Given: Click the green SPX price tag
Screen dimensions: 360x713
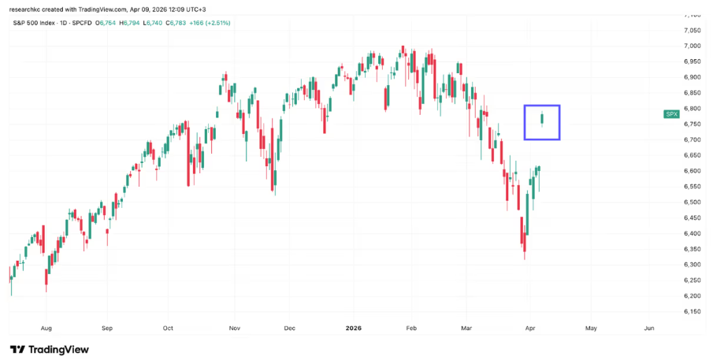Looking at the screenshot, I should coord(671,114).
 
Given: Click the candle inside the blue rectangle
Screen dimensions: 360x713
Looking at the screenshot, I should coord(541,119).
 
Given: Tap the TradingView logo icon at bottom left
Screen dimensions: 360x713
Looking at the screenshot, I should coord(17,349).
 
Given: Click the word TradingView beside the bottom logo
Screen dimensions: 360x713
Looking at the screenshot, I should coord(59,349).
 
